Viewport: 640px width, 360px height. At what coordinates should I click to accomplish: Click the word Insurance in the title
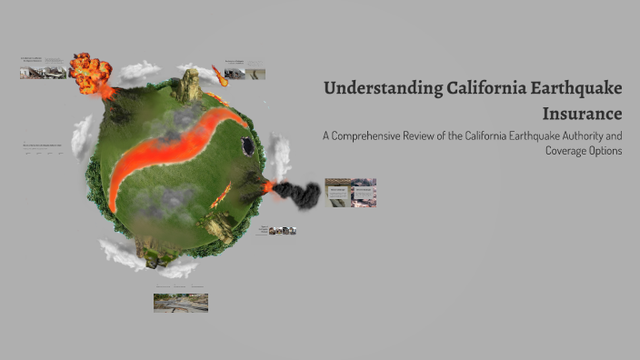click(x=582, y=114)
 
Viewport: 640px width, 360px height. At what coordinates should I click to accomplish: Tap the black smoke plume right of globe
click(x=298, y=192)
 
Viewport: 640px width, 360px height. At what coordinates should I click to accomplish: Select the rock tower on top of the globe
click(x=190, y=85)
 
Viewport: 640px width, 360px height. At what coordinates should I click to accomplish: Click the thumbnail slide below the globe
click(x=180, y=303)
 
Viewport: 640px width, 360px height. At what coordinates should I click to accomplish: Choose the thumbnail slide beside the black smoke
click(x=350, y=192)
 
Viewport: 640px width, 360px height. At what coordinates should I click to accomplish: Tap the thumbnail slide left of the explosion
click(x=44, y=68)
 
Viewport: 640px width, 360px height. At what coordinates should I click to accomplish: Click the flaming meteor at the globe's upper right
click(x=219, y=74)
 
